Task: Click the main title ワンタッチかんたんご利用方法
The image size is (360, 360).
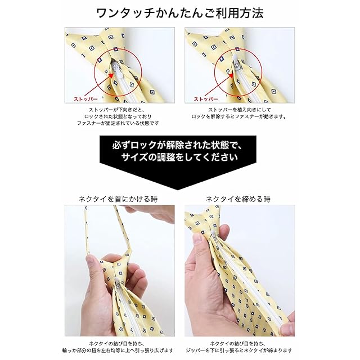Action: [180, 13]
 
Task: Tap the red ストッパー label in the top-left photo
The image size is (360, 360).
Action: [85, 99]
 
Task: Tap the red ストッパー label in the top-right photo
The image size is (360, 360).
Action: [206, 99]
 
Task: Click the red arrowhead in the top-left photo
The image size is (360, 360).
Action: [111, 75]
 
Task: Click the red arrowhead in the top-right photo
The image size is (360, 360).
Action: [231, 75]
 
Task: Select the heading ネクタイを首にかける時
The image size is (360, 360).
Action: [118, 199]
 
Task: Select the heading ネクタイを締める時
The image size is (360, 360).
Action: [238, 199]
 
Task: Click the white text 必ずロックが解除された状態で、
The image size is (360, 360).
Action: [177, 145]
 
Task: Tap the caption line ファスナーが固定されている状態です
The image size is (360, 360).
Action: [118, 123]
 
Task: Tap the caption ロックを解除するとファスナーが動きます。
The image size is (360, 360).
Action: [239, 116]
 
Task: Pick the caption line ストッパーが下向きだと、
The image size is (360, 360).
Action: [118, 110]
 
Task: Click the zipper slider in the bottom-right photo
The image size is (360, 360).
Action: [214, 236]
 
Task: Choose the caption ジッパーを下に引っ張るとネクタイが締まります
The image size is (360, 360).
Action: [238, 350]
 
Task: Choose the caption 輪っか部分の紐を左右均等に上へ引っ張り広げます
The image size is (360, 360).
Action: [118, 350]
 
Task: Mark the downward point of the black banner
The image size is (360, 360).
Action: [178, 190]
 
